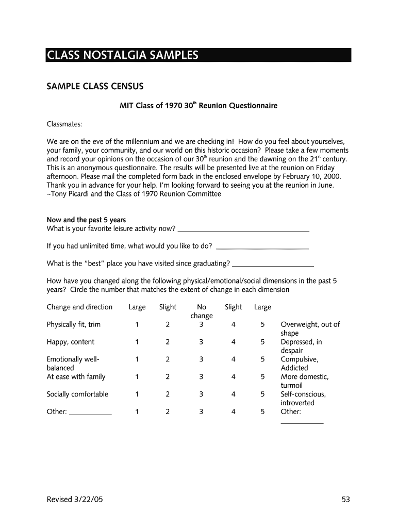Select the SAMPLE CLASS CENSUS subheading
pyautogui.click(x=95, y=86)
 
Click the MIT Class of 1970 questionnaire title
pyautogui.click(x=198, y=106)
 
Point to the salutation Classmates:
pyautogui.click(x=64, y=124)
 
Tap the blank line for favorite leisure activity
pyautogui.click(x=243, y=230)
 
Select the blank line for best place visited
pyautogui.click(x=273, y=265)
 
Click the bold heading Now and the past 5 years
pyautogui.click(x=86, y=220)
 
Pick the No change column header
pyautogui.click(x=201, y=311)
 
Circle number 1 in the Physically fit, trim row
pyautogui.click(x=137, y=324)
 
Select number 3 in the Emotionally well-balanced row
pyautogui.click(x=201, y=359)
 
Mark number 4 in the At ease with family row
pyautogui.click(x=234, y=377)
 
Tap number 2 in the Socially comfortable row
pyautogui.click(x=168, y=394)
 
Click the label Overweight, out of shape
pyautogui.click(x=310, y=328)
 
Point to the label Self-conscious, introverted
pyautogui.click(x=303, y=399)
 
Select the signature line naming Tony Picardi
pyautogui.click(x=134, y=194)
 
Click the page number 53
pyautogui.click(x=345, y=499)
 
